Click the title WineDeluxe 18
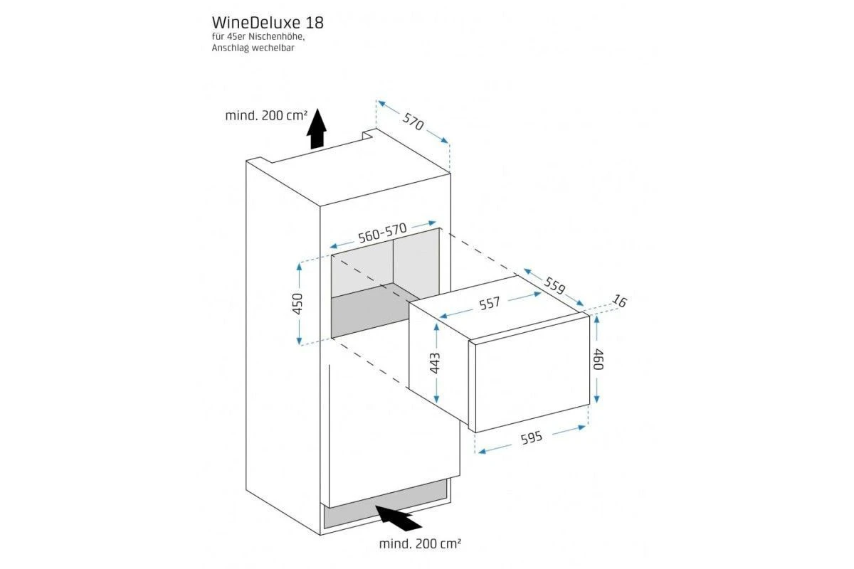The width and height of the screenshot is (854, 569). click(x=268, y=23)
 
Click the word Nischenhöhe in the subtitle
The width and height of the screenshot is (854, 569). click(x=277, y=36)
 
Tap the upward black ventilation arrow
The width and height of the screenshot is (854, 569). click(x=317, y=129)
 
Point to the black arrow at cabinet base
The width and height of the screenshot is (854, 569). click(x=398, y=518)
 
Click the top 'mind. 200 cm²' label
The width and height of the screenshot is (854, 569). click(x=266, y=115)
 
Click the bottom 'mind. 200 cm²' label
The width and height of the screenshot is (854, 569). click(x=420, y=543)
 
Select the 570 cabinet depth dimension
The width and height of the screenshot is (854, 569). click(x=413, y=122)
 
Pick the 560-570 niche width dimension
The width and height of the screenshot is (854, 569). click(x=382, y=233)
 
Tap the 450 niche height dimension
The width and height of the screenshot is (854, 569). click(x=297, y=304)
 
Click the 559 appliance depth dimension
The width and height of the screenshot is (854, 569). click(x=554, y=286)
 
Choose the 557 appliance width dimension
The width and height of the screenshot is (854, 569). click(x=490, y=304)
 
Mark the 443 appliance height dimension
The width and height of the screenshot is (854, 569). click(x=435, y=363)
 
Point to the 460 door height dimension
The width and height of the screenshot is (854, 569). click(x=598, y=359)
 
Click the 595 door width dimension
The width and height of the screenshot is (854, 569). click(x=532, y=438)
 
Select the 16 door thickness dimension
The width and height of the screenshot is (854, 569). click(x=620, y=301)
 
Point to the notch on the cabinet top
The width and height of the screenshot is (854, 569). click(x=369, y=134)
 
